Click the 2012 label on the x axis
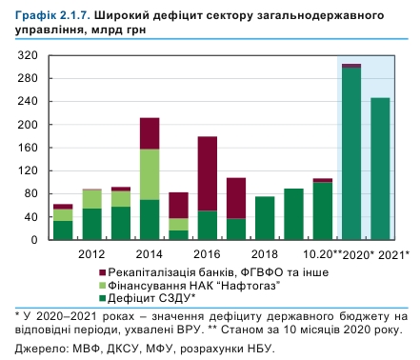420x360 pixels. tap(91, 255)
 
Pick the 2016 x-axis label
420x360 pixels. tap(207, 255)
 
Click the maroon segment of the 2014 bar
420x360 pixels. tap(150, 133)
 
